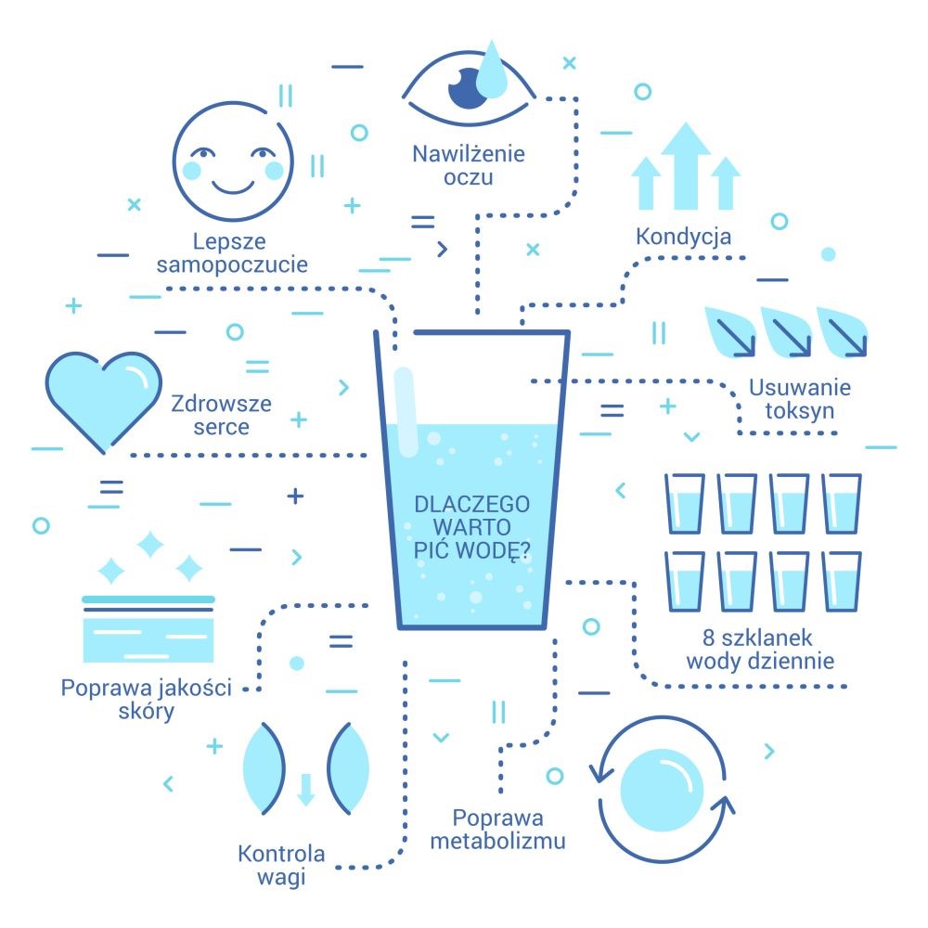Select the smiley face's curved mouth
click(233, 188)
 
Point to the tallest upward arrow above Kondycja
click(686, 166)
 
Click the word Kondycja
click(684, 237)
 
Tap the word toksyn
click(800, 411)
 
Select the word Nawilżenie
click(469, 154)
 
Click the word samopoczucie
click(232, 264)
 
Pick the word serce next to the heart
click(222, 427)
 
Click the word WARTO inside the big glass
click(471, 527)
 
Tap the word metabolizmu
click(497, 841)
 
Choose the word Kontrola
click(281, 854)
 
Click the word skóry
click(147, 711)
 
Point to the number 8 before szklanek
click(709, 638)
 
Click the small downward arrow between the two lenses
click(305, 789)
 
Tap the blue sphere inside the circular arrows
click(662, 790)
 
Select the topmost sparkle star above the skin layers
click(150, 544)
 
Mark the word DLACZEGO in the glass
click(471, 504)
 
